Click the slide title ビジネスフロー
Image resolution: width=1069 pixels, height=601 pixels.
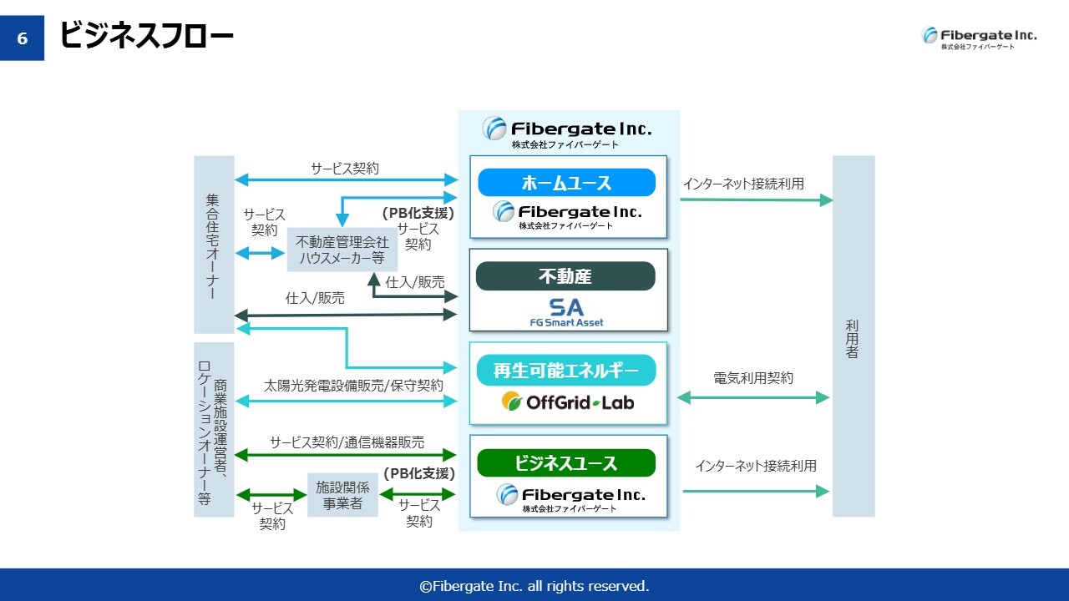point(146,36)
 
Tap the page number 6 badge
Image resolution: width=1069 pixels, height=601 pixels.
point(22,38)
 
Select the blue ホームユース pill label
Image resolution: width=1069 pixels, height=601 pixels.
point(566,182)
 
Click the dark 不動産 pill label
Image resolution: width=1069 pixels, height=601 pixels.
point(565,275)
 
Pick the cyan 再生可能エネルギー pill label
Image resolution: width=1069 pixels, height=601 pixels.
point(566,370)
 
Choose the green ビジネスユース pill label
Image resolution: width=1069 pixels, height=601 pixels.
point(566,463)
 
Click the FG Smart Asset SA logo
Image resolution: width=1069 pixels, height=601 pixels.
point(566,312)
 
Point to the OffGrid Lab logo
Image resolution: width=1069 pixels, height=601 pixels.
point(568,402)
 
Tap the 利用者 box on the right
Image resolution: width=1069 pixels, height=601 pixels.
point(853,336)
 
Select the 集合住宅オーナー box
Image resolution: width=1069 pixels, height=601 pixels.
point(214,244)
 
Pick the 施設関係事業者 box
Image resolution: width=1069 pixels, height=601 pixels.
point(337,494)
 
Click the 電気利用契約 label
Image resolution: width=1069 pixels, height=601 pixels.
point(753,378)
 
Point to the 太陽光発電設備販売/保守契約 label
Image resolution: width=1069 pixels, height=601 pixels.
point(353,386)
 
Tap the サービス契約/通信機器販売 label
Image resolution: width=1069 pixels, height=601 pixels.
point(347,442)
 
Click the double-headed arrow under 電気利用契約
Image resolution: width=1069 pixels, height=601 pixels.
point(752,398)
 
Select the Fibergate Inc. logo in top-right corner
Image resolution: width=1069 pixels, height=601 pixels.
point(979,38)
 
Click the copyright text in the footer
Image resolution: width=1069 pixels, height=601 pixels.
point(534,586)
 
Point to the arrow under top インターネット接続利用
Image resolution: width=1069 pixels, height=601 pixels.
point(756,200)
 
